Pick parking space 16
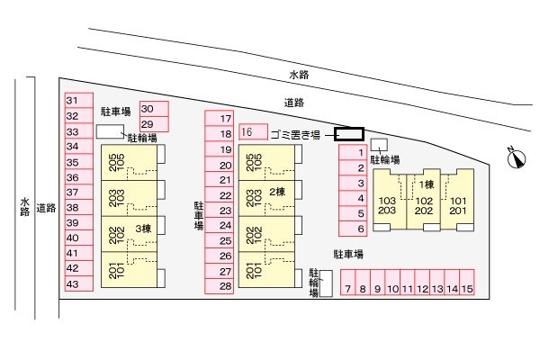point(252,132)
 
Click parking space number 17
point(220,118)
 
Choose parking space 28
point(220,287)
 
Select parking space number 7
point(348,289)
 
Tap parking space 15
point(466,289)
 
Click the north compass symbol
point(515,158)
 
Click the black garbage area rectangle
point(349,135)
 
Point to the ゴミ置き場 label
point(294,134)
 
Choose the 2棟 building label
point(275,192)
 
